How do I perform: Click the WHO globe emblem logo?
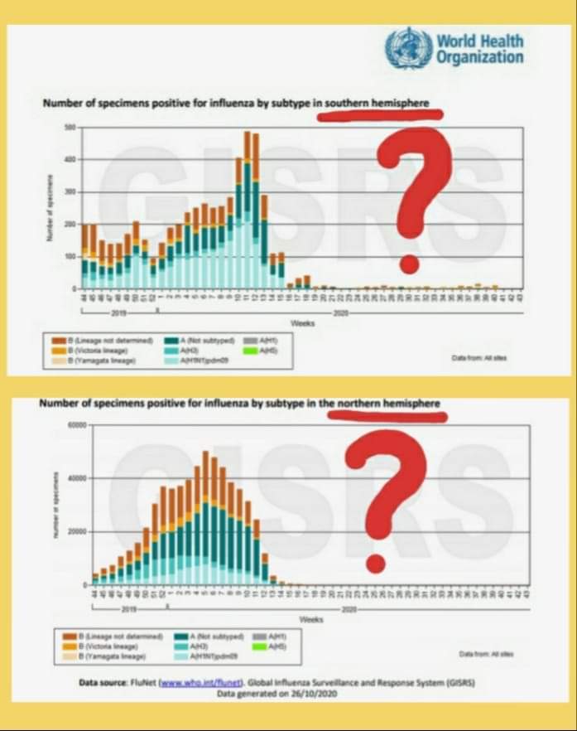[x=409, y=47]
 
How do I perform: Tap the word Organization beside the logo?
[x=480, y=57]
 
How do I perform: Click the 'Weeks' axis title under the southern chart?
[x=302, y=322]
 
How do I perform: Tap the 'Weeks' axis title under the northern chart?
[x=311, y=619]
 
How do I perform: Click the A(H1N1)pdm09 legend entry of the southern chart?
[x=195, y=361]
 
